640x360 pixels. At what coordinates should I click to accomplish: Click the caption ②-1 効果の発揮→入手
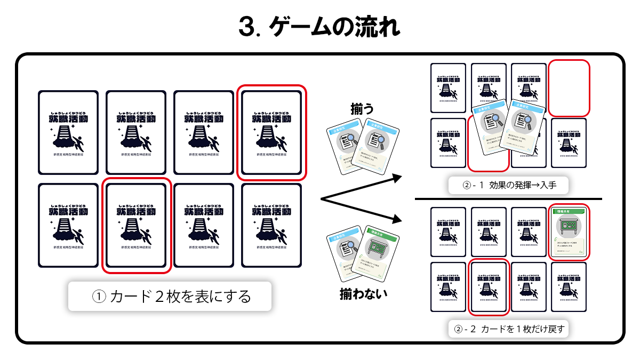(508, 185)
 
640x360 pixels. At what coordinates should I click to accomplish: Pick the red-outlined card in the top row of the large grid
(271, 133)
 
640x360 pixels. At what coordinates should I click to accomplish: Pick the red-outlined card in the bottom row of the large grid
(136, 225)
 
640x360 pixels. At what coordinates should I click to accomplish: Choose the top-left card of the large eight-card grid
(68, 133)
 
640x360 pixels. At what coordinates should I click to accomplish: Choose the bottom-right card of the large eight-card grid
(271, 225)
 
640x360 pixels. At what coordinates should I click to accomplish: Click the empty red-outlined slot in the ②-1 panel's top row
(569, 89)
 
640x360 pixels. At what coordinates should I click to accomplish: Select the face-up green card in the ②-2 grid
(569, 231)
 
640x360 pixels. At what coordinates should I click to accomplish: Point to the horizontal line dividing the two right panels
(508, 199)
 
